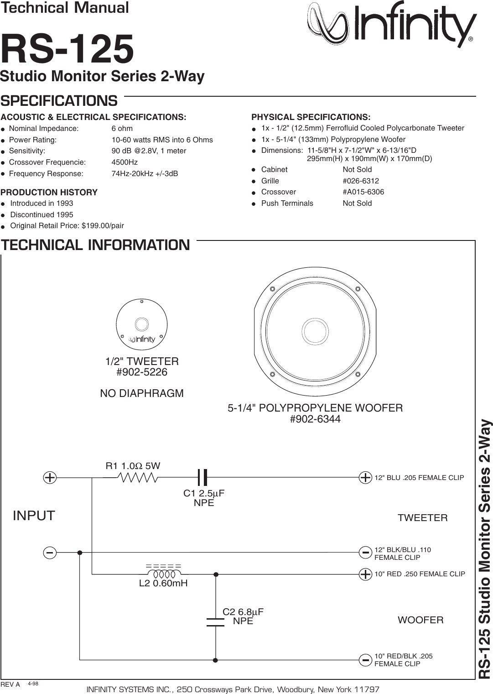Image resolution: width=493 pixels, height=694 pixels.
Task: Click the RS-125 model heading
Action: click(67, 49)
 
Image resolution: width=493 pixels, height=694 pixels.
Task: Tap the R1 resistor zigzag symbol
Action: click(138, 478)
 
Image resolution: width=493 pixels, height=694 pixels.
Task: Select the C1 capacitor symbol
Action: click(202, 478)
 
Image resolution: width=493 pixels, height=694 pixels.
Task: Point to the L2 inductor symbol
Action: click(163, 567)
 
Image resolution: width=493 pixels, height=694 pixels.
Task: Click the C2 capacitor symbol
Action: click(216, 622)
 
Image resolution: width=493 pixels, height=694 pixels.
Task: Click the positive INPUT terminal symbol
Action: click(50, 478)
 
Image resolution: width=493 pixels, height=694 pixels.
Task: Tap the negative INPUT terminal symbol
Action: click(50, 553)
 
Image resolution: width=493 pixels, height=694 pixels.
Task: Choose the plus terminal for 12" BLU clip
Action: click(365, 478)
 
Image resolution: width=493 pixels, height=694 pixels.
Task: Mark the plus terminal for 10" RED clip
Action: click(365, 574)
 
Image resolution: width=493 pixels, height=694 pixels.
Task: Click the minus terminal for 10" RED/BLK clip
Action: click(365, 660)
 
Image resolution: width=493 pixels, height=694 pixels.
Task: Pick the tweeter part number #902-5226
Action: click(142, 372)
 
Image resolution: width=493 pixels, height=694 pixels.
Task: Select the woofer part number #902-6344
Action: click(315, 419)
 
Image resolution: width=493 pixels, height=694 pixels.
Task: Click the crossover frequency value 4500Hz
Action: click(125, 162)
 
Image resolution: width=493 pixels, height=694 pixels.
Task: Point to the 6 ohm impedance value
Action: click(122, 129)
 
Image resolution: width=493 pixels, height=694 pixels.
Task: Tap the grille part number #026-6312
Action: click(361, 181)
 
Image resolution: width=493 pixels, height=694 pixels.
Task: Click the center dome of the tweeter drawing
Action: click(141, 324)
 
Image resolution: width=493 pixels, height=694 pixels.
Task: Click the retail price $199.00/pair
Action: click(103, 226)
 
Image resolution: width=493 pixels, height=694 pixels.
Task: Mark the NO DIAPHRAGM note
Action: click(142, 393)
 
